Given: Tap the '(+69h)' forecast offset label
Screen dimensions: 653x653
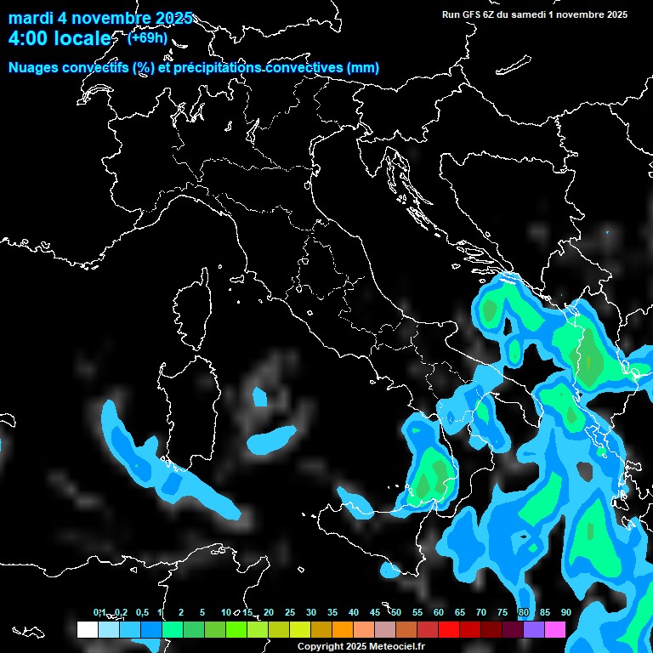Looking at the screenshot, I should coord(147,37).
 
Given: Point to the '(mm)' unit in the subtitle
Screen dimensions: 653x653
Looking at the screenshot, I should coord(361,68).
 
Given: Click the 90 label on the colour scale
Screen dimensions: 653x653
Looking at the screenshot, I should coord(565,613).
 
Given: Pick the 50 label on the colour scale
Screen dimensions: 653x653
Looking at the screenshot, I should coord(395,613).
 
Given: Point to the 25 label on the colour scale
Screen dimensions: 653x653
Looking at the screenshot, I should coord(290,613).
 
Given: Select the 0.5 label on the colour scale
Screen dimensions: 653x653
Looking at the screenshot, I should coord(142,613).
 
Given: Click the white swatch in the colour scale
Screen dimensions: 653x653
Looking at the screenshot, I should coord(87,629).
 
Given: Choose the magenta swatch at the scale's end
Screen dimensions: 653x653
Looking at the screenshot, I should coord(555,629).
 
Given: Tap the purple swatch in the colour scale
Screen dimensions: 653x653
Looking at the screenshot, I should coord(534,629).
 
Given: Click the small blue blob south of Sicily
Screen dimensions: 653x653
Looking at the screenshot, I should coord(389,569).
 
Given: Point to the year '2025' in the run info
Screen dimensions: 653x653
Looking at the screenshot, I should coord(616,14).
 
